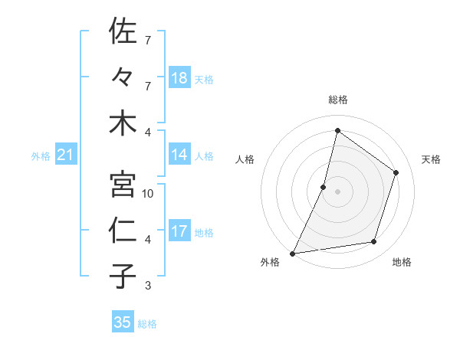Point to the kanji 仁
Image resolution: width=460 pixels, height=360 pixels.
[x=123, y=231]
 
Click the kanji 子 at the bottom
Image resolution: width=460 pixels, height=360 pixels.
[x=123, y=276]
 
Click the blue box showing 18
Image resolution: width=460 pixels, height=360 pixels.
[x=179, y=77]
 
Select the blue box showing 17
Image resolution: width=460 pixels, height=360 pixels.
[x=179, y=231]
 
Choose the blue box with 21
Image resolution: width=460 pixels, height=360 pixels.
[x=66, y=155]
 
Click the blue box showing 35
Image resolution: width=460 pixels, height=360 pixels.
[x=123, y=322]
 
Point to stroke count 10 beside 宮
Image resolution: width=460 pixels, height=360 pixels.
[x=149, y=194]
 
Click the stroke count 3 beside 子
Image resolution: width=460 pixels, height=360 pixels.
[x=148, y=286]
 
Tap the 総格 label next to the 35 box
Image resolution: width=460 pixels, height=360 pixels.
[x=147, y=323]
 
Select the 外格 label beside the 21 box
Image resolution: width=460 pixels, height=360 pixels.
[x=41, y=156]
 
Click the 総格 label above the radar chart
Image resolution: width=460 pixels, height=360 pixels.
[x=337, y=100]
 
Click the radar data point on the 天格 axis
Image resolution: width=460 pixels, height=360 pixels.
[x=396, y=172]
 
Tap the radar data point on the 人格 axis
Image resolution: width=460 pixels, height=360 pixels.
[x=324, y=187]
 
